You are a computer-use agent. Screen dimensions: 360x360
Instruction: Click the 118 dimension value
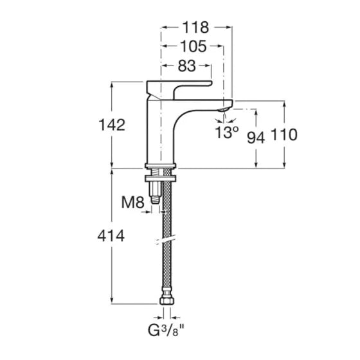[x=195, y=27]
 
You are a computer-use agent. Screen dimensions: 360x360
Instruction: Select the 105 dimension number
[x=194, y=46]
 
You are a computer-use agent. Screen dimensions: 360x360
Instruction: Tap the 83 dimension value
[x=187, y=66]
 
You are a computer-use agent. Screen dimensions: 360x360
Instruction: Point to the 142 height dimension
[x=112, y=125]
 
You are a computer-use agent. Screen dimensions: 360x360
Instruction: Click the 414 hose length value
[x=111, y=236]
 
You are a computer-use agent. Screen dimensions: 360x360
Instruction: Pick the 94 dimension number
[x=256, y=138]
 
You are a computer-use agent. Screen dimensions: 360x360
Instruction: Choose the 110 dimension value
[x=284, y=134]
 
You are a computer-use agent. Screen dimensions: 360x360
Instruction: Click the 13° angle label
[x=226, y=132]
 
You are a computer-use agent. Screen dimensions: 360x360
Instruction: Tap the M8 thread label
[x=132, y=203]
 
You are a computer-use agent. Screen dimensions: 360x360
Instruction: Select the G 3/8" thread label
[x=166, y=330]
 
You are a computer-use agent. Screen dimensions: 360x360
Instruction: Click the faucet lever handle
[x=179, y=90]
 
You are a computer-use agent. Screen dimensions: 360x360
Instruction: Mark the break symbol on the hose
[x=166, y=240]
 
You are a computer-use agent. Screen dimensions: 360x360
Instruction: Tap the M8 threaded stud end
[x=155, y=200]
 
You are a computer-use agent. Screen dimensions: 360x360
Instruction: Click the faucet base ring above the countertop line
[x=160, y=165]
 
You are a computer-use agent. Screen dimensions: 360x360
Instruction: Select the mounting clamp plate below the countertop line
[x=160, y=178]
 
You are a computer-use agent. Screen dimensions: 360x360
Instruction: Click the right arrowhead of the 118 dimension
[x=228, y=28]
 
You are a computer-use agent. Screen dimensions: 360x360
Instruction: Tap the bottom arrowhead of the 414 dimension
[x=112, y=300]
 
